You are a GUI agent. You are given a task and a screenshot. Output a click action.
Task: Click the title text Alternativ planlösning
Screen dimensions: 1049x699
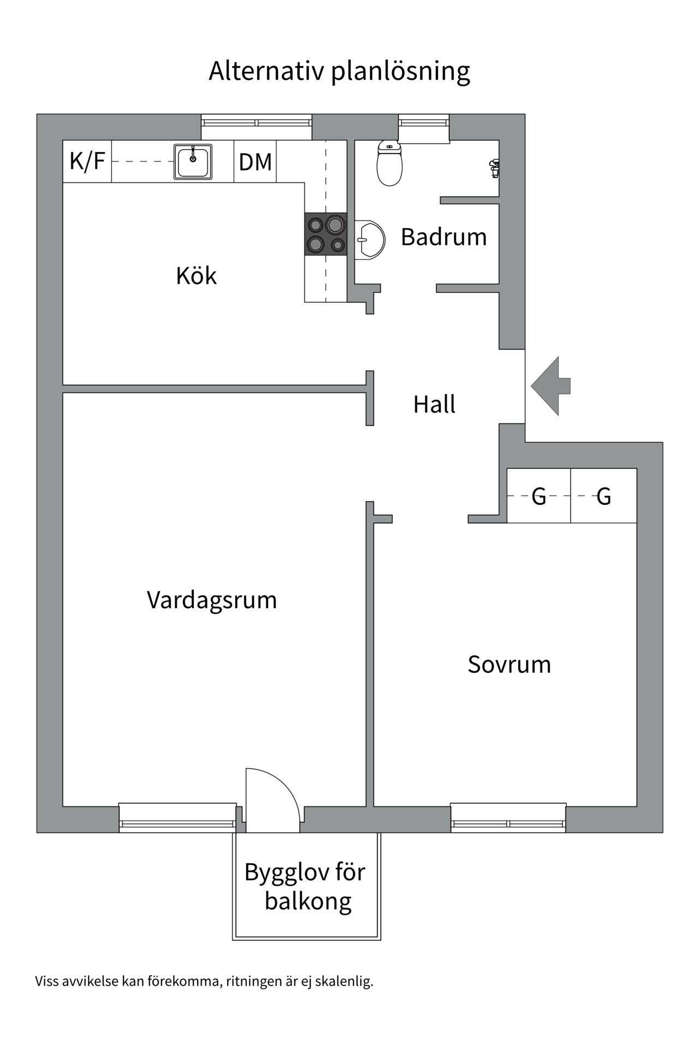(x=339, y=71)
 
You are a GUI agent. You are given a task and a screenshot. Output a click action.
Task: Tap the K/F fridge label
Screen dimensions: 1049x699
(x=87, y=162)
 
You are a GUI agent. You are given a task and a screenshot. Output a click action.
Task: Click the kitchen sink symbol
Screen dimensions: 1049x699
(x=193, y=162)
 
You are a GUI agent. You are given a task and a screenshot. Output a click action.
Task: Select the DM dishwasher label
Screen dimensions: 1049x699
(x=255, y=162)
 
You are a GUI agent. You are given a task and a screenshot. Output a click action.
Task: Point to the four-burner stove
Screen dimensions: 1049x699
(x=325, y=234)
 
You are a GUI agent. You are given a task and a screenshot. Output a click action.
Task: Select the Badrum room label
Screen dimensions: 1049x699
(x=443, y=237)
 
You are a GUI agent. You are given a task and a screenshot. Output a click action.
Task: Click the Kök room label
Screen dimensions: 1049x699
(x=196, y=276)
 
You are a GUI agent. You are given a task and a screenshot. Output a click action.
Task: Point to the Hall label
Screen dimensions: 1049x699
(x=434, y=405)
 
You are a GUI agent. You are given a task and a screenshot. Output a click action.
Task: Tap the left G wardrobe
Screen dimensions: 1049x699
(x=538, y=496)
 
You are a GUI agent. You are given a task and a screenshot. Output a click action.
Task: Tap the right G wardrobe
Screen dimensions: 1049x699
(x=603, y=496)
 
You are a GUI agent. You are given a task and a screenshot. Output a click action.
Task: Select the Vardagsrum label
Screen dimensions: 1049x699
(x=212, y=600)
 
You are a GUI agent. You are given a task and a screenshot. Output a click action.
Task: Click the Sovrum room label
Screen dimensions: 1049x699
(x=509, y=664)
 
